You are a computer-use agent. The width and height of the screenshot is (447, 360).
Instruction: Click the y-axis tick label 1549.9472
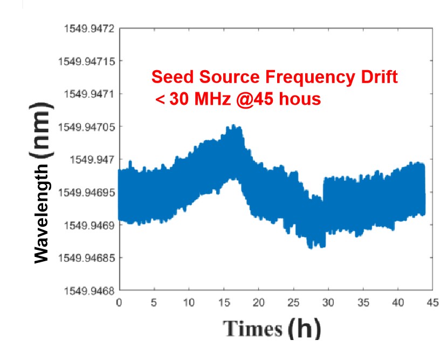86,28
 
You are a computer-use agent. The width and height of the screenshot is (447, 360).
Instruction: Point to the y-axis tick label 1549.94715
84,61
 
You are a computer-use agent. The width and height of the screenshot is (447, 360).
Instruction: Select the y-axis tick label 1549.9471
86,94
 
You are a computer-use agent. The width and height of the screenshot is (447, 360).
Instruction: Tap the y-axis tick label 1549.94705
84,127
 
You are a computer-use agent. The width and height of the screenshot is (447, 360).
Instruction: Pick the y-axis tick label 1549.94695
84,192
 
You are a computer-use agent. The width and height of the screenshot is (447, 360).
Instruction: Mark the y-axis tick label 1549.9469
86,225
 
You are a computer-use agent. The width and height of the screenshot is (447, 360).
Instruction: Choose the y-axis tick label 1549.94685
84,258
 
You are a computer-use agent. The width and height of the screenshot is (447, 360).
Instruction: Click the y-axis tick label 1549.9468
86,291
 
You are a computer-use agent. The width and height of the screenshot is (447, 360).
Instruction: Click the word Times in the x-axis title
253,328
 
